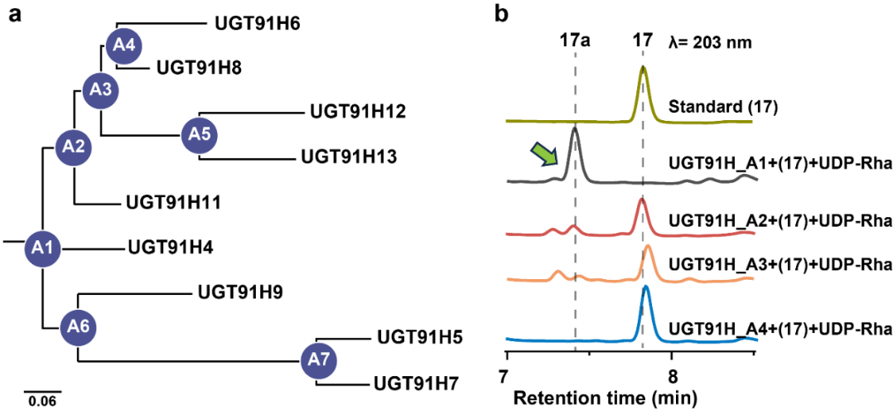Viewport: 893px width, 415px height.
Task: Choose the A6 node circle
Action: point(77,326)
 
